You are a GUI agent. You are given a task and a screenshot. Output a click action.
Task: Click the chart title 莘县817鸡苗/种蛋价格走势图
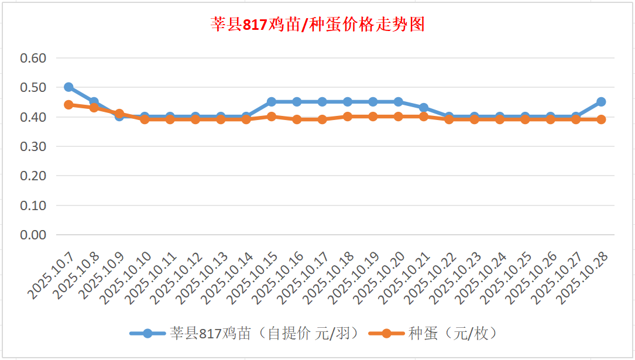[317, 25]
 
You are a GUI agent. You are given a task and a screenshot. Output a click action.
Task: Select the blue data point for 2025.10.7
[68, 87]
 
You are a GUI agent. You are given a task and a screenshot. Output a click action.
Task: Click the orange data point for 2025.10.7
[68, 105]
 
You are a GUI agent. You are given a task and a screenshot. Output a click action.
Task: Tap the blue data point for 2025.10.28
[601, 102]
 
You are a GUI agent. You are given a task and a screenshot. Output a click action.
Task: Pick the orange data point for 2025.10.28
[601, 119]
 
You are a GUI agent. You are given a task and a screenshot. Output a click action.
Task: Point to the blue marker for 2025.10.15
[272, 102]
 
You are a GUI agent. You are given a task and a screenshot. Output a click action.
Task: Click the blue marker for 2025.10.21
[424, 108]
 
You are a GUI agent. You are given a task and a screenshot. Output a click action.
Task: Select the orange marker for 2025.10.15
[272, 116]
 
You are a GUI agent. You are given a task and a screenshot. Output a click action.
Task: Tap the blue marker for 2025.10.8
[94, 102]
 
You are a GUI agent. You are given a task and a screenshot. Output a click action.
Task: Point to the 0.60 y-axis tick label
[33, 58]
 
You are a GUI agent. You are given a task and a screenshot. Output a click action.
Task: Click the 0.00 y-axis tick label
[33, 235]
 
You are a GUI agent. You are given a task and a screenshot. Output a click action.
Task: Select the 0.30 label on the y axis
[33, 146]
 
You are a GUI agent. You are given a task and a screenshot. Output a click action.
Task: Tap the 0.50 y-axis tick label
[33, 87]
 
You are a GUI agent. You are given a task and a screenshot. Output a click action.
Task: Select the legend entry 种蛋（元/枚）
[452, 334]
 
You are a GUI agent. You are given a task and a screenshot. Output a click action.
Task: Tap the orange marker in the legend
[386, 334]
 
